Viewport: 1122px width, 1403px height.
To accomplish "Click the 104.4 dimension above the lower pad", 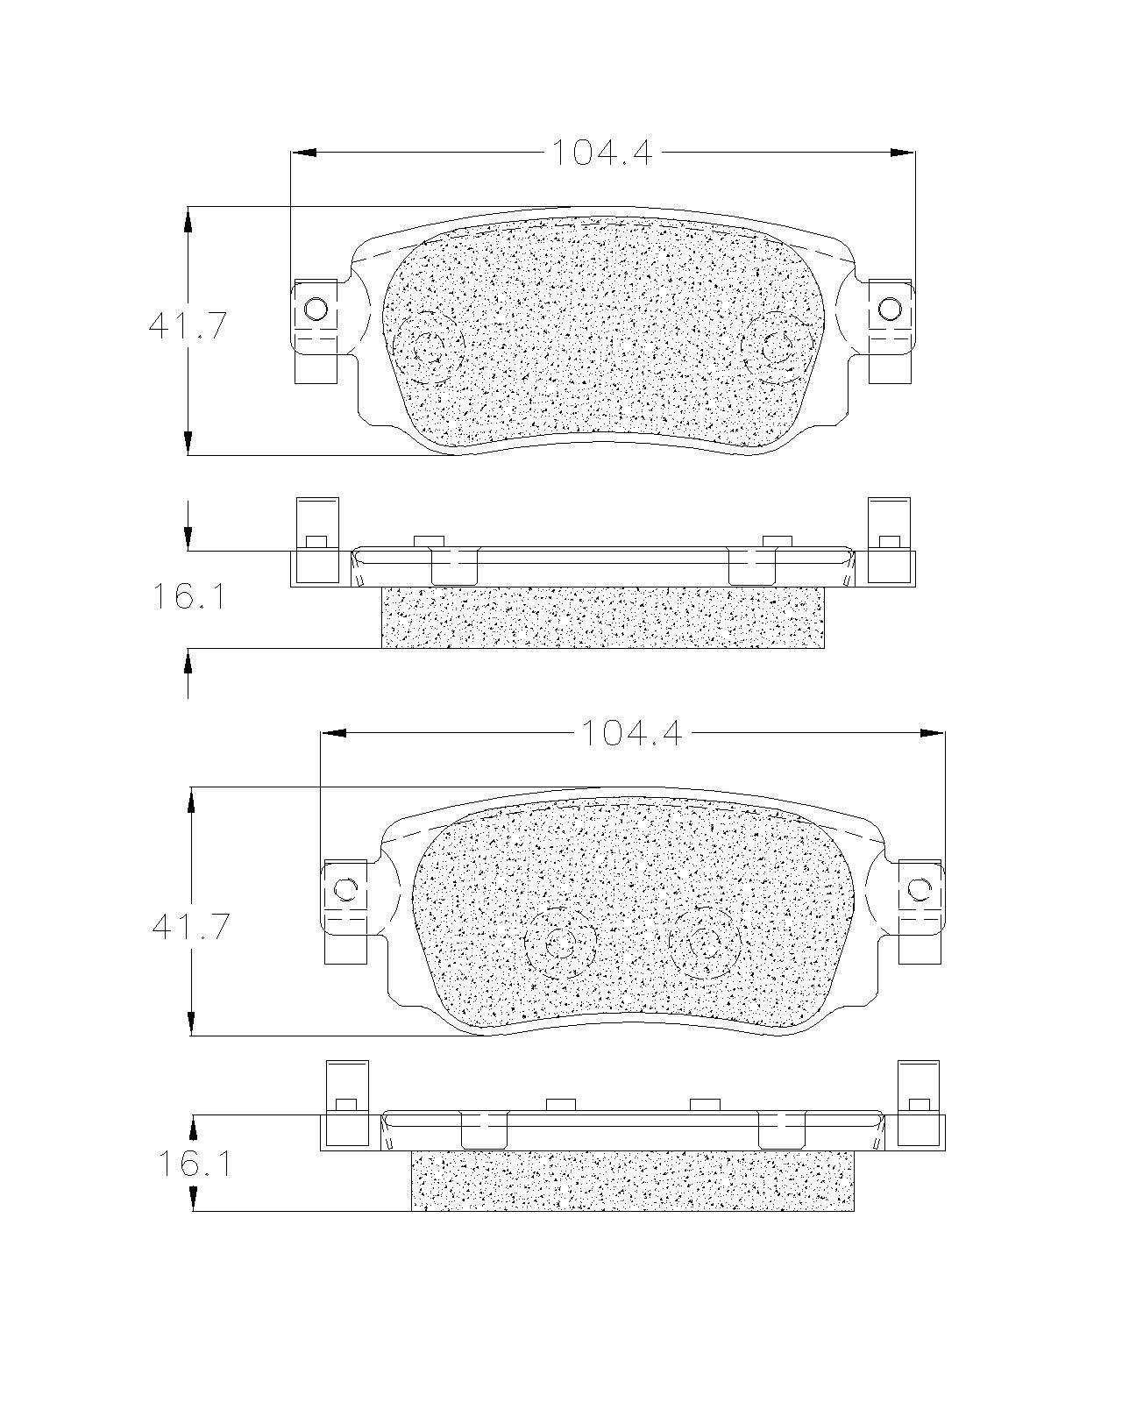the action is click(x=631, y=733).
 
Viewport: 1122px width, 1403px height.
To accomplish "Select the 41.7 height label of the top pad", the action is click(x=188, y=325).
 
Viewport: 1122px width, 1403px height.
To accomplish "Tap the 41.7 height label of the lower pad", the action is click(x=190, y=926).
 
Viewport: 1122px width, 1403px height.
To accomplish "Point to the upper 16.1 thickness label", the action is click(x=188, y=596).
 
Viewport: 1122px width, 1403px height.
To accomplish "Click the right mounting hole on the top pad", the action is click(x=889, y=308).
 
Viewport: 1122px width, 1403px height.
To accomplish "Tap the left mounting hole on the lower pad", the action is click(x=344, y=888).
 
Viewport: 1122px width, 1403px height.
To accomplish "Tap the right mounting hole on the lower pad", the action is click(x=919, y=888).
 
